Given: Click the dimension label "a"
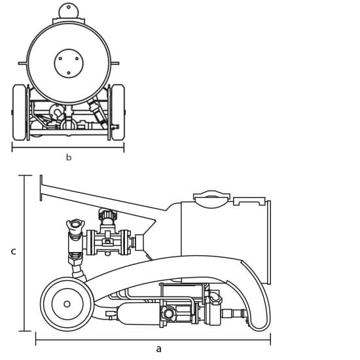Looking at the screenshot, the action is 158,350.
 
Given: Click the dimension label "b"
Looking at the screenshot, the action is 69,157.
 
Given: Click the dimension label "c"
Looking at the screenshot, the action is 14,251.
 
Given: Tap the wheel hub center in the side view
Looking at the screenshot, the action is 67,304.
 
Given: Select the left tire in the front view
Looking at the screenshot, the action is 19,113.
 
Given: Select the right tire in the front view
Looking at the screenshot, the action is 118,113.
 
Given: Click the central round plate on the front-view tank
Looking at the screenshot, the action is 69,63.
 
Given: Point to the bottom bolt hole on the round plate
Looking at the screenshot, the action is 69,73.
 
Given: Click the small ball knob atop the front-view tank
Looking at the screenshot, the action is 69,10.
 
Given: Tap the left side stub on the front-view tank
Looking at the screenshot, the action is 23,63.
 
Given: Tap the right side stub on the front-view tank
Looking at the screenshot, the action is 115,63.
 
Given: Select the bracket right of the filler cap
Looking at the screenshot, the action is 249,201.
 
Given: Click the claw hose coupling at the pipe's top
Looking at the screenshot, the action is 75,226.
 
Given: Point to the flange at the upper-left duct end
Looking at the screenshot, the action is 41,188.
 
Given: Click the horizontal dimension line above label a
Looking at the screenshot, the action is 153,339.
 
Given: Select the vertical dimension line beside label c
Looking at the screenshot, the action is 25,253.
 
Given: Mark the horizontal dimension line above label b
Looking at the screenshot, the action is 68,147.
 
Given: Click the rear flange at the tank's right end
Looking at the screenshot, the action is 268,242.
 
